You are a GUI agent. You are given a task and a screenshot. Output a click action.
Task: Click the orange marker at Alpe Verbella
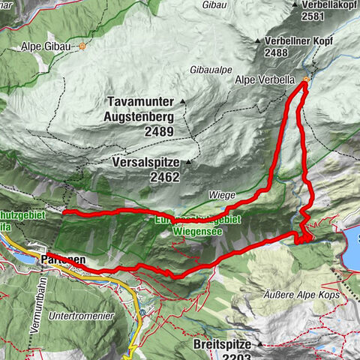(306, 80)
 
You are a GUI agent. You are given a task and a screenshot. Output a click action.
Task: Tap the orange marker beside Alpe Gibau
(82, 46)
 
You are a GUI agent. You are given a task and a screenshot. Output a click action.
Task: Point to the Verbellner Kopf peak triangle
(257, 40)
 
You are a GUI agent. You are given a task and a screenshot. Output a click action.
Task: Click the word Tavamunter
(139, 101)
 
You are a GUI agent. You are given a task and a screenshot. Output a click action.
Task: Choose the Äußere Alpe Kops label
(300, 294)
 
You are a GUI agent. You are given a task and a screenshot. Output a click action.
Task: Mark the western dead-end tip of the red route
(64, 214)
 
